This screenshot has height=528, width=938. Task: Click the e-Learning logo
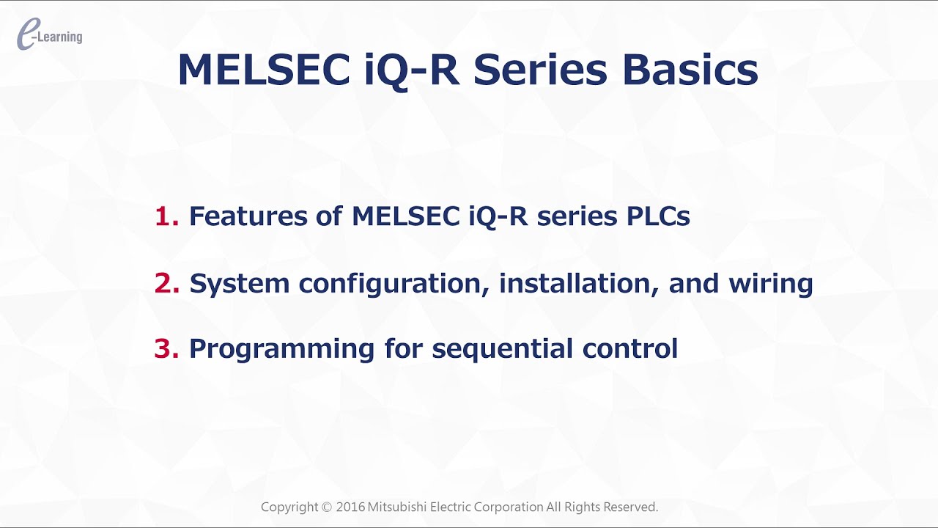coord(49,35)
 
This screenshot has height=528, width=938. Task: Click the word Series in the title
coord(540,70)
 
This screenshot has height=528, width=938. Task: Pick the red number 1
coord(166,216)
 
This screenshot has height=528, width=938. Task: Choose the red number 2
coord(166,283)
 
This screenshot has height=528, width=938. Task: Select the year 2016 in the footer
coord(351,507)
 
